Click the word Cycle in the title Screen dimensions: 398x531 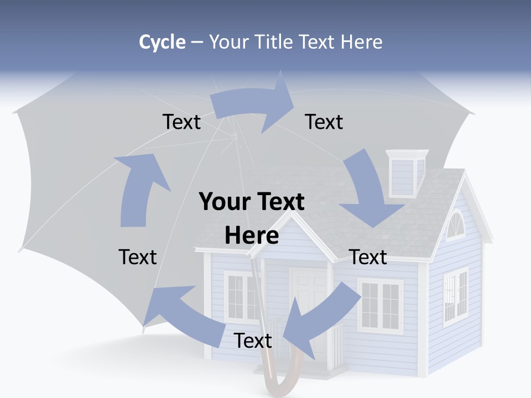click(162, 42)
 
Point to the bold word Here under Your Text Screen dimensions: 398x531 click(252, 236)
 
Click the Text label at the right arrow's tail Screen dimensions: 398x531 click(181, 122)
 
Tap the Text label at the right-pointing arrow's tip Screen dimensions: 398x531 click(324, 122)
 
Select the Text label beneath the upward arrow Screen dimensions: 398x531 click(138, 257)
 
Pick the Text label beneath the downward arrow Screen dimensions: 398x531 click(368, 257)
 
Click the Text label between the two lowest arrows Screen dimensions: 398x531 click(253, 341)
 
